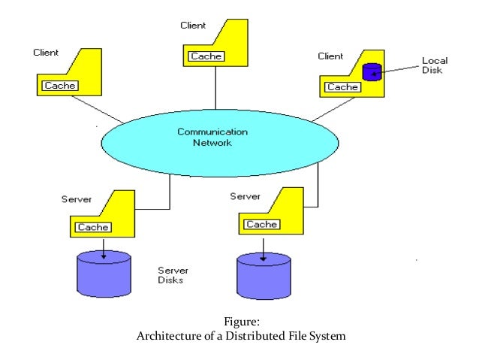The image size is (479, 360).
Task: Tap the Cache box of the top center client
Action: [206, 56]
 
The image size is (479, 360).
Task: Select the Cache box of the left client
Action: [59, 86]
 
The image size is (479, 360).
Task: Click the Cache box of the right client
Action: [342, 87]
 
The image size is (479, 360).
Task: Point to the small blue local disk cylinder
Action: [372, 72]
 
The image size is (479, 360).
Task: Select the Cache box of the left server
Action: [93, 227]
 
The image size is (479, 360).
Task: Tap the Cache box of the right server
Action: [262, 224]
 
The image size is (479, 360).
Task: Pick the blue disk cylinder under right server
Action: [264, 277]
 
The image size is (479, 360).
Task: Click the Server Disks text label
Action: [172, 274]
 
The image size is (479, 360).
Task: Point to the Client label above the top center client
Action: [193, 26]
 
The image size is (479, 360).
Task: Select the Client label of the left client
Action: [46, 53]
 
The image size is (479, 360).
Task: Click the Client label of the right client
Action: [330, 56]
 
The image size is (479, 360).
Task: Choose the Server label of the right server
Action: [245, 196]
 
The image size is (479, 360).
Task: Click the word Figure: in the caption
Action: [240, 323]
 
